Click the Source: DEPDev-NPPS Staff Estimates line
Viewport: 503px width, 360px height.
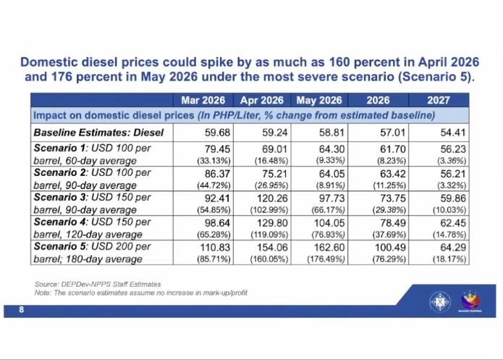pos(98,283)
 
